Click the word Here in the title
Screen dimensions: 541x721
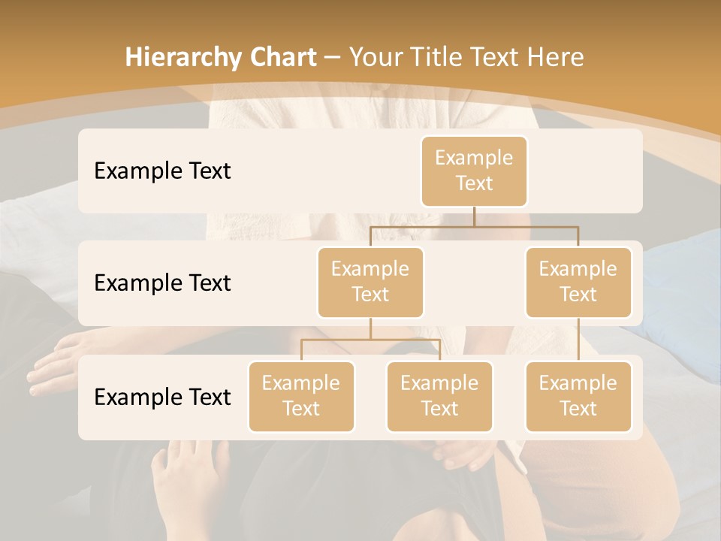point(557,58)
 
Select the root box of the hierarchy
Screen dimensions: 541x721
point(474,171)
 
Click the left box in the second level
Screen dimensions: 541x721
point(370,282)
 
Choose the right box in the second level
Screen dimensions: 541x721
point(578,282)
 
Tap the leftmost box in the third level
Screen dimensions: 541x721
point(301,396)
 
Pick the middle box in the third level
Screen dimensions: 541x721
point(439,396)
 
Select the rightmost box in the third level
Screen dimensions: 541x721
point(578,396)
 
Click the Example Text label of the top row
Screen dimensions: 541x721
point(162,171)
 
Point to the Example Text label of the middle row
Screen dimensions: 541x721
point(162,283)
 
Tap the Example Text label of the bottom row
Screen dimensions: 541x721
point(162,397)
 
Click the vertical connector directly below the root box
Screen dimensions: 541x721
point(474,216)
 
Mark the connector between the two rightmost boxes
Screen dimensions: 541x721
point(578,339)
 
